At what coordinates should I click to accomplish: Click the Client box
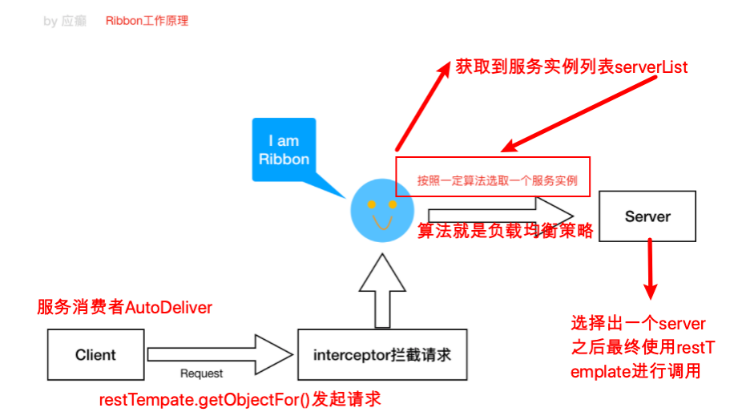coord(95,354)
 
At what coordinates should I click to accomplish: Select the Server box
coord(647,216)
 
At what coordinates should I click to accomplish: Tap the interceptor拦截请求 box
coord(382,354)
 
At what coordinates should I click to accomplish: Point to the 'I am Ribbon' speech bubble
coord(284,151)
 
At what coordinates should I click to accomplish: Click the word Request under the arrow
coord(201,374)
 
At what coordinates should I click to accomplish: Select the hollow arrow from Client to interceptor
coord(220,354)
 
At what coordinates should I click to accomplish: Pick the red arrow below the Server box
coord(650,268)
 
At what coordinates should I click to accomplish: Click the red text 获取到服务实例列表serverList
coord(571,67)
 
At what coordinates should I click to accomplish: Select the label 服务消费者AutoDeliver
coord(125,308)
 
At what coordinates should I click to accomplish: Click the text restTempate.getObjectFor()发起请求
coord(239,398)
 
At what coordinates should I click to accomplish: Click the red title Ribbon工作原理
coord(147,21)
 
